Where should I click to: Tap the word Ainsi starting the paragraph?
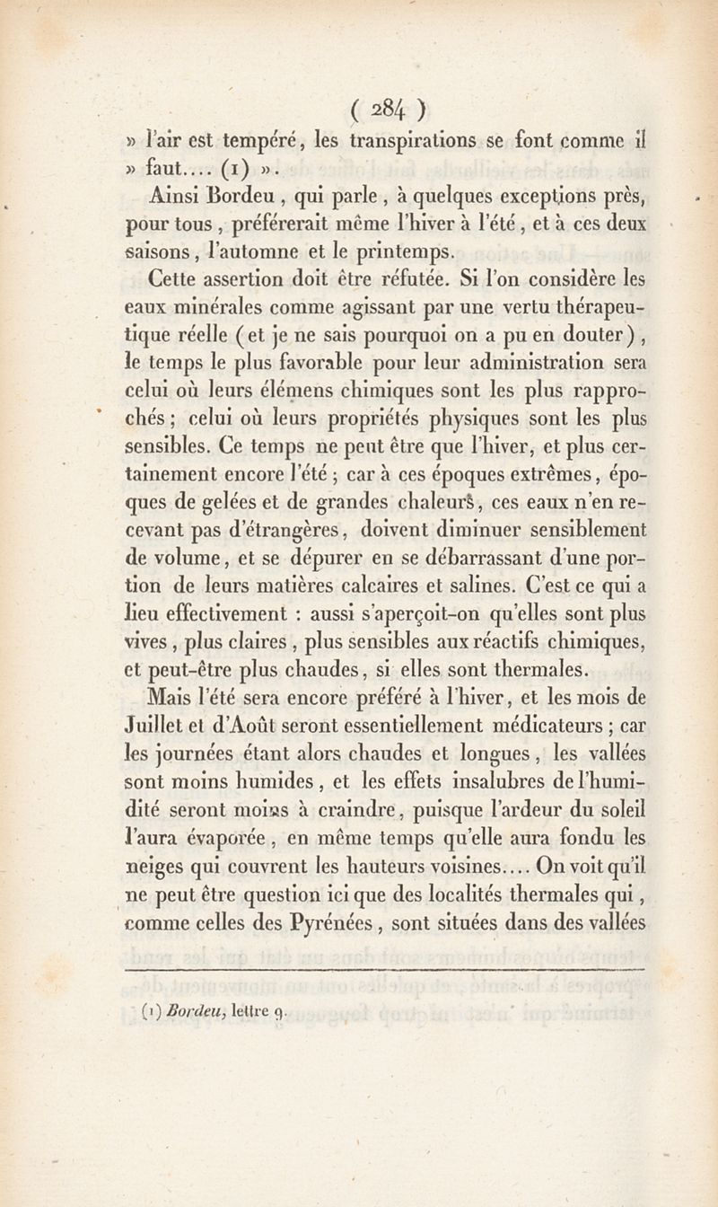[x=175, y=195]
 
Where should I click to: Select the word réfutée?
[x=407, y=278]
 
